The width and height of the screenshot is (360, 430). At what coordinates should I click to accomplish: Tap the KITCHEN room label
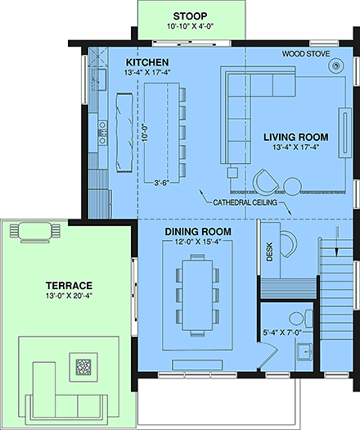click(147, 62)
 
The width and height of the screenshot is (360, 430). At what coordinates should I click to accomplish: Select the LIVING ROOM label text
click(296, 137)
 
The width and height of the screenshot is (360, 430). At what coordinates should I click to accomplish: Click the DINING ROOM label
click(197, 233)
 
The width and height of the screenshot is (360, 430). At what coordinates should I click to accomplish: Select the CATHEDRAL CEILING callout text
click(242, 201)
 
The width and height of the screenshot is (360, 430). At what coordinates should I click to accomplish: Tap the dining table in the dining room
click(196, 292)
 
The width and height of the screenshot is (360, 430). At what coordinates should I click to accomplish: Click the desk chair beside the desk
click(290, 243)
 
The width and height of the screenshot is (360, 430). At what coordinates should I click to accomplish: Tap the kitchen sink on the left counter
click(103, 128)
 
